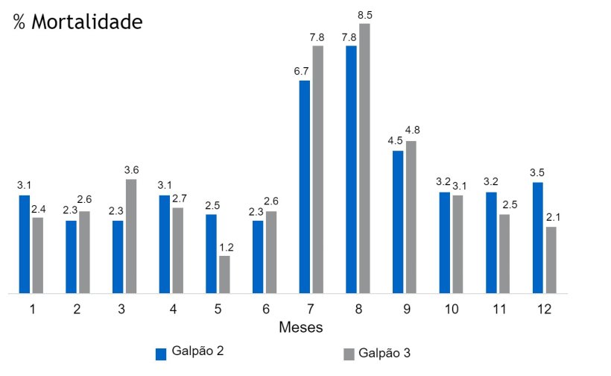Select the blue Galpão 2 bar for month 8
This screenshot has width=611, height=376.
[351, 169]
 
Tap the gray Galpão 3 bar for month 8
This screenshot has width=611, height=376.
[364, 158]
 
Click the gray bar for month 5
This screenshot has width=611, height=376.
[224, 275]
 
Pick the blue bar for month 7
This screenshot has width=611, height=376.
[305, 187]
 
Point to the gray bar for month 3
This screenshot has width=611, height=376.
[131, 236]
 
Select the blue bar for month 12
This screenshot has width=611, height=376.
[538, 237]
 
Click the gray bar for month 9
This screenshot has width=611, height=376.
[411, 216]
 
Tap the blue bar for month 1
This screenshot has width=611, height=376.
[25, 244]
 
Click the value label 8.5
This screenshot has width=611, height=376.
[365, 13]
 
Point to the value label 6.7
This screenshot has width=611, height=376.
[303, 70]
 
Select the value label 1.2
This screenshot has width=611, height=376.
[224, 246]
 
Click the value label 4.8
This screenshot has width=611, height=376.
[411, 131]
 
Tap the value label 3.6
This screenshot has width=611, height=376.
[131, 169]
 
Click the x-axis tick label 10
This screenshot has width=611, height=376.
[452, 310]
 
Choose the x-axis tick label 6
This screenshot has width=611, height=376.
[265, 310]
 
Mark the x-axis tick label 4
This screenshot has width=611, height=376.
[171, 310]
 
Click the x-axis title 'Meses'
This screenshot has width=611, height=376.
[300, 328]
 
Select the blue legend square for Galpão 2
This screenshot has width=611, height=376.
[160, 354]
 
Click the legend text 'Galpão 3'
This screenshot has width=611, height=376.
[384, 353]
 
